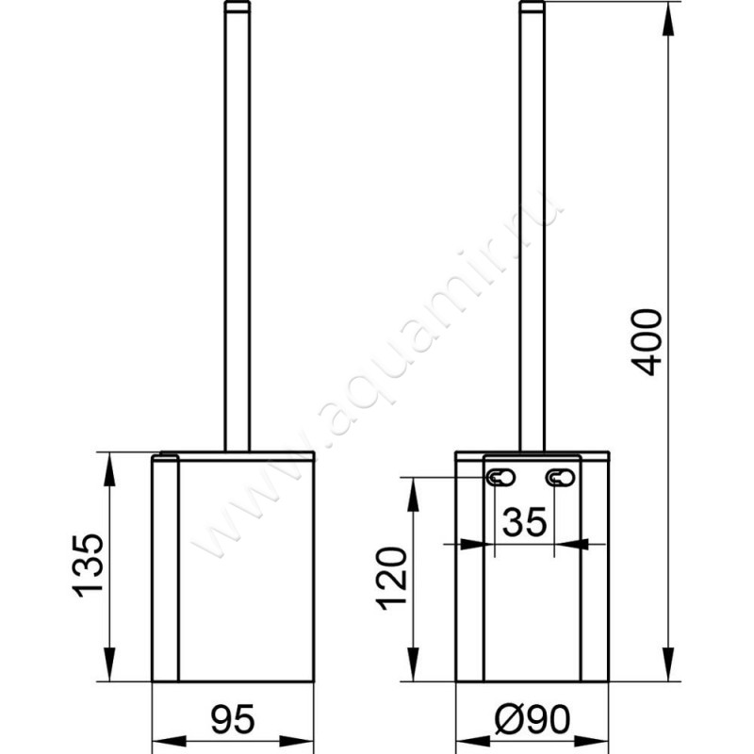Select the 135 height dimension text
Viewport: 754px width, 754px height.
(x=90, y=565)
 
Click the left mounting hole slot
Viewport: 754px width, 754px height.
(x=500, y=478)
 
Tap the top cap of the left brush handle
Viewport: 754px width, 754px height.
(x=238, y=8)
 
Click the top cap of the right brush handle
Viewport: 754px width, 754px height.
(x=533, y=8)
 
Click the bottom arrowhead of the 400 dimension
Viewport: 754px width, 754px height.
(x=668, y=669)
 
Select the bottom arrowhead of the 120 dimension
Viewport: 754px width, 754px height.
(x=413, y=669)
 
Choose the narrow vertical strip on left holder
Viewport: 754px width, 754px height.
(x=165, y=565)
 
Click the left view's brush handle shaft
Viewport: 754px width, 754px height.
(x=238, y=236)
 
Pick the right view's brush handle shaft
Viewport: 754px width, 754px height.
(x=533, y=236)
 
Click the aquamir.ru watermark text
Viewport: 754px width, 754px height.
(x=377, y=377)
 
